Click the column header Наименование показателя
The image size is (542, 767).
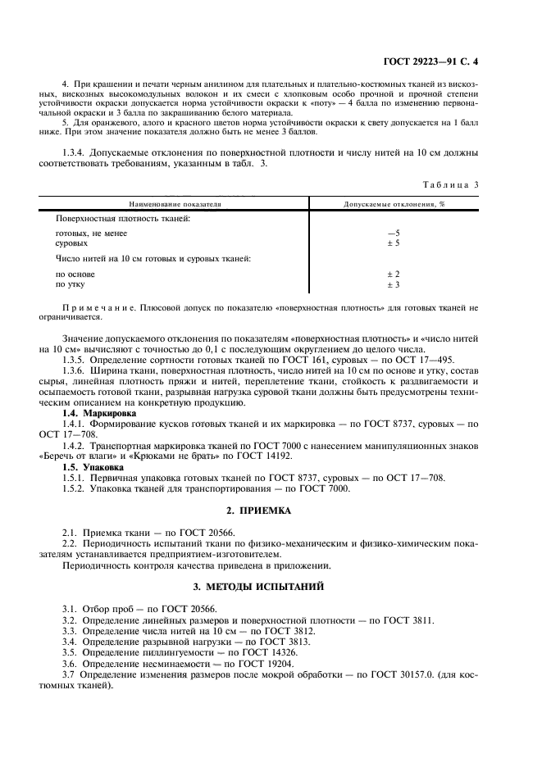173,202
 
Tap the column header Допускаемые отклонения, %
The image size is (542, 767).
394,202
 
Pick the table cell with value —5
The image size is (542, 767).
393,233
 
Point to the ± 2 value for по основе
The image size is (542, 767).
393,274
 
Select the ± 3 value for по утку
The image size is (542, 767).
393,284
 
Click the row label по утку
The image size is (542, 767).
70,284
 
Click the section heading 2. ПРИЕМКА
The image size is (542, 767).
271,511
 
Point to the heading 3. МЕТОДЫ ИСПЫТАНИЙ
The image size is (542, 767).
271,587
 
